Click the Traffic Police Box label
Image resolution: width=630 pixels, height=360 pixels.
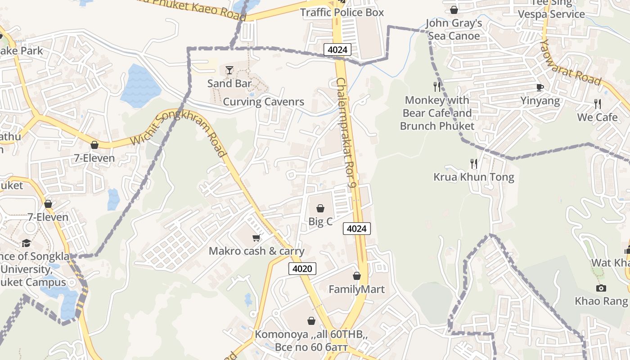(342, 12)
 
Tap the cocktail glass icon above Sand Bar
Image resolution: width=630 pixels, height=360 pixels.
(229, 70)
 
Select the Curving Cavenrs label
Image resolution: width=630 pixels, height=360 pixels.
(264, 102)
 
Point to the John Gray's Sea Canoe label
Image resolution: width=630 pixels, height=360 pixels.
(454, 29)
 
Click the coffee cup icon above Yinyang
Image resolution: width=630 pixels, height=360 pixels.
(540, 87)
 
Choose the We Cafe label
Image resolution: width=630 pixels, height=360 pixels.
(597, 117)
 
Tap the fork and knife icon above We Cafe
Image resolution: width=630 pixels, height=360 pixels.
(598, 104)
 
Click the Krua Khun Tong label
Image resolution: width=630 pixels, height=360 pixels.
(473, 177)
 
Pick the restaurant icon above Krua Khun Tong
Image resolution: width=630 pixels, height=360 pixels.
(473, 163)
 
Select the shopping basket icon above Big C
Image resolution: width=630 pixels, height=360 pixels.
(320, 208)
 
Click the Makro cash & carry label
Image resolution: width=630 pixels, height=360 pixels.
(256, 251)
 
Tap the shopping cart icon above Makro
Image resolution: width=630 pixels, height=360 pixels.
(256, 238)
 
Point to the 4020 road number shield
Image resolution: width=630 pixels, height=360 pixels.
(302, 269)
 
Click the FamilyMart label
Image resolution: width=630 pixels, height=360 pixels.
(356, 289)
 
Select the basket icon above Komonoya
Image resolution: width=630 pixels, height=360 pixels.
(311, 321)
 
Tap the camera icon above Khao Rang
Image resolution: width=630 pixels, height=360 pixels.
(601, 288)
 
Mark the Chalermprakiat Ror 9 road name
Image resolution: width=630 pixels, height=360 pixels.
(346, 133)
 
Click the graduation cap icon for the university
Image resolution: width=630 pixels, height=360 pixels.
(27, 243)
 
